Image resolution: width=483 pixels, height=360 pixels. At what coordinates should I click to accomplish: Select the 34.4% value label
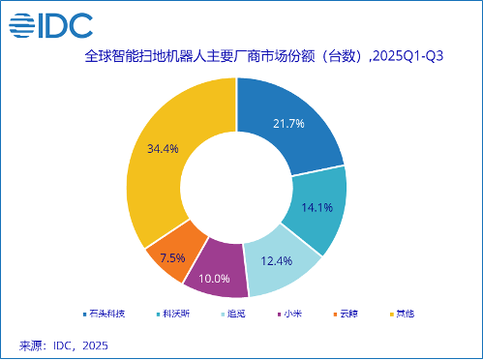(163, 149)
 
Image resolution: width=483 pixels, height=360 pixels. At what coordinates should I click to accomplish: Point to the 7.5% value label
(174, 257)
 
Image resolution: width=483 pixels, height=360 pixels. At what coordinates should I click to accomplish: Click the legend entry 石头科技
(105, 315)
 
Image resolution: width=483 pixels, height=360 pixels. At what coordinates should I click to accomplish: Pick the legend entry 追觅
(238, 315)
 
